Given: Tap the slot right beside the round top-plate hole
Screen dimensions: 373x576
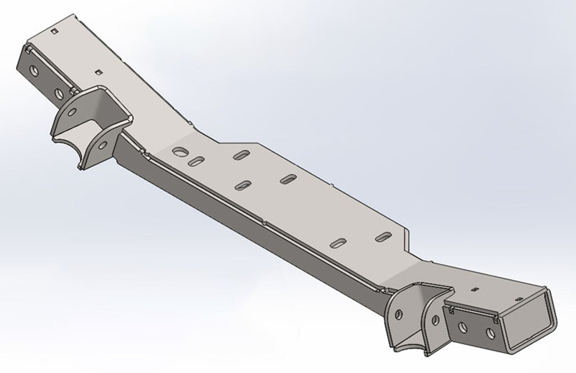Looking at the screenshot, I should pyautogui.click(x=196, y=161).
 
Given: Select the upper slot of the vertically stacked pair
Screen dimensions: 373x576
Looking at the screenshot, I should pyautogui.click(x=242, y=155).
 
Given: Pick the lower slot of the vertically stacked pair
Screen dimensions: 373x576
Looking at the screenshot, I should pyautogui.click(x=243, y=185).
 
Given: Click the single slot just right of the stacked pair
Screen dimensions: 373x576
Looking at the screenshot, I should pyautogui.click(x=288, y=179).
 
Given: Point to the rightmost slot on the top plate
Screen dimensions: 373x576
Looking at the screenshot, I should pyautogui.click(x=383, y=236).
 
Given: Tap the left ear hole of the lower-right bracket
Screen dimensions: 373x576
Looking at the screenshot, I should pyautogui.click(x=398, y=314).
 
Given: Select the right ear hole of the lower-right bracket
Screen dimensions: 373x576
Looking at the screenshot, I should pyautogui.click(x=435, y=320).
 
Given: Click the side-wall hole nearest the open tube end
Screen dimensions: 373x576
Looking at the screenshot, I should pyautogui.click(x=490, y=333).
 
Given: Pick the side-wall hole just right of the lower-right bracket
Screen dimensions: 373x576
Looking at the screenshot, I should pyautogui.click(x=463, y=328).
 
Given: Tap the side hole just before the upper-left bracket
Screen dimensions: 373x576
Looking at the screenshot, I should pyautogui.click(x=59, y=93).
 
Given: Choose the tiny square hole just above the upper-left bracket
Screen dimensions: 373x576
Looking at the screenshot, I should pyautogui.click(x=99, y=72).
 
